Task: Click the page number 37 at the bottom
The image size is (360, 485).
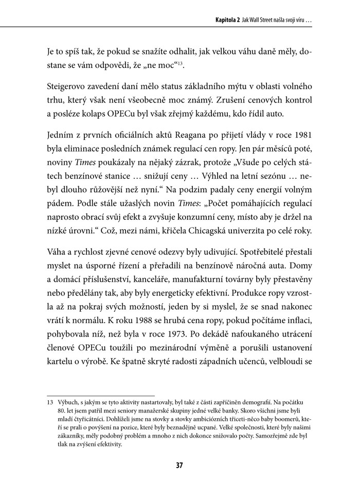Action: coord(179,465)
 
